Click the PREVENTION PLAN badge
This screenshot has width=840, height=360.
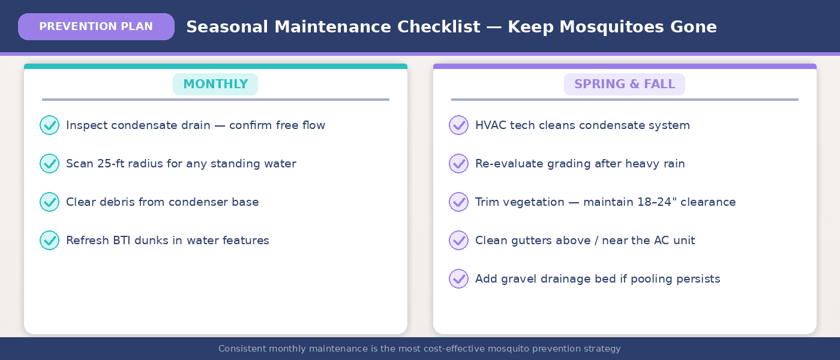96,27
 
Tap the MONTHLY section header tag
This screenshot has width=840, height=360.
215,85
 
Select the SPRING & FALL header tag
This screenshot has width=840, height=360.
625,85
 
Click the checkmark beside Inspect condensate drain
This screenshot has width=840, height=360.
49,125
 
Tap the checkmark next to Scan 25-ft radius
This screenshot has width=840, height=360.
49,164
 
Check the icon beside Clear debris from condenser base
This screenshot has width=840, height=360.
49,202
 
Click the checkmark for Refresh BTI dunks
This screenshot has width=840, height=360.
49,241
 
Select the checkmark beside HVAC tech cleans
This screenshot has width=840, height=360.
458,125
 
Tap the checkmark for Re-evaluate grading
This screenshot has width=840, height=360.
458,164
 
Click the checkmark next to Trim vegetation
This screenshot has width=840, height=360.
458,202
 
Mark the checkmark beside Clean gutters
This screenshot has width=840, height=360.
458,241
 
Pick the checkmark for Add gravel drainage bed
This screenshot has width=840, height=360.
458,279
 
